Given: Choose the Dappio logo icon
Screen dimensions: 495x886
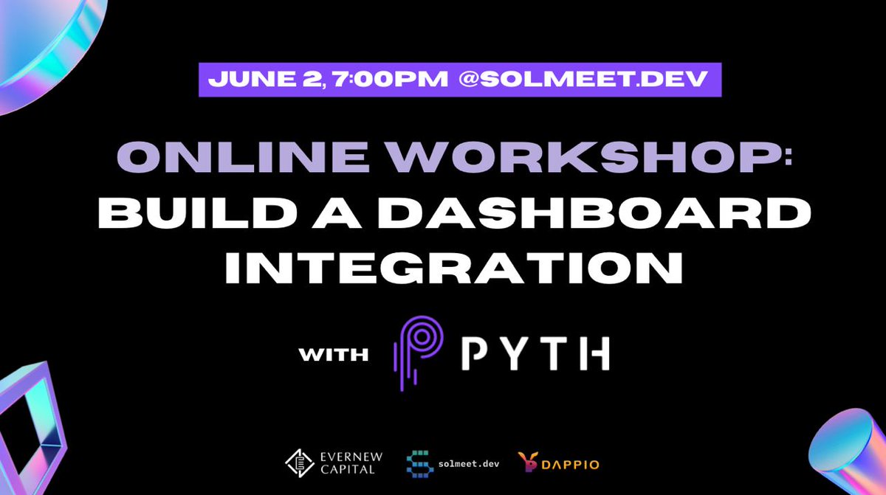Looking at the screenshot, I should tap(526, 463).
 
